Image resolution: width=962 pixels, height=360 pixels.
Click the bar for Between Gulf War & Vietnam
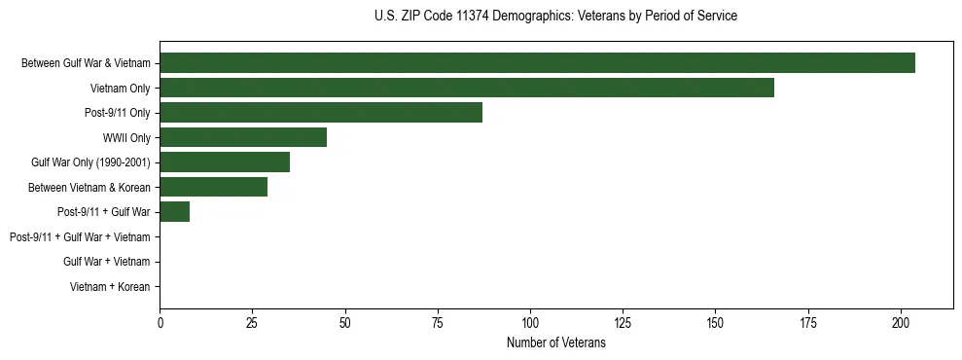537,63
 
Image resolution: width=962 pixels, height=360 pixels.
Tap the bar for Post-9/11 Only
321,113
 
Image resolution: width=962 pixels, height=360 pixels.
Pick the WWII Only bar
243,137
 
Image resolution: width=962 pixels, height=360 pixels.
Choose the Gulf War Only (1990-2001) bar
225,162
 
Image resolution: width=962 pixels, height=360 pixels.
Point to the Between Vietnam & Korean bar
213,187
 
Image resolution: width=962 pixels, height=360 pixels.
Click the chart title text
555,17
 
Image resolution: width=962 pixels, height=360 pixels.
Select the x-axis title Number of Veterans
555,343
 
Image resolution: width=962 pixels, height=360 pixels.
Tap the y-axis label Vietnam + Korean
110,287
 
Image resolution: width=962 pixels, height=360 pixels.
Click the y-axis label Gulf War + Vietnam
106,262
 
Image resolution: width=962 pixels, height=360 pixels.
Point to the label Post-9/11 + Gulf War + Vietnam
80,237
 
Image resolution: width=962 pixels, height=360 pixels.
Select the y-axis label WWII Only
126,138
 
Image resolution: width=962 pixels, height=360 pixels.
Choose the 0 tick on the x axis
160,322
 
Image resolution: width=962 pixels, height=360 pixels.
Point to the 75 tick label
438,322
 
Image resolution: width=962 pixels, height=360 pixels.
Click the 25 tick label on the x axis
252,322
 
